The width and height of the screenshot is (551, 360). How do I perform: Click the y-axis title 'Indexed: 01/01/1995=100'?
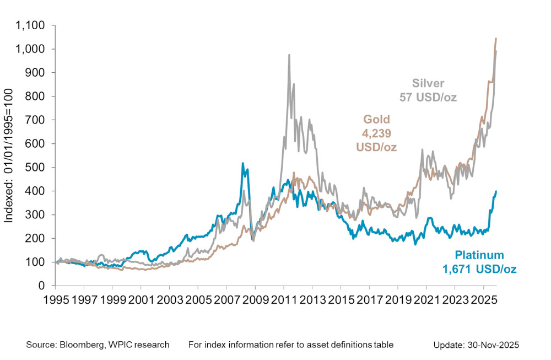(x=9, y=155)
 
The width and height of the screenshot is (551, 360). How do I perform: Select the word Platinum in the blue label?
(x=479, y=255)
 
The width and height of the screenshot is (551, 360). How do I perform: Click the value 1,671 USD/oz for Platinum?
(x=479, y=269)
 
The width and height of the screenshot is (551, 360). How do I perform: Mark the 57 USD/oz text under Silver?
(x=428, y=98)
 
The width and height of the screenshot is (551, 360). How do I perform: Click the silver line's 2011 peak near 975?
(x=289, y=55)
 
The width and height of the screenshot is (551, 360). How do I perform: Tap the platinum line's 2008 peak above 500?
(x=243, y=164)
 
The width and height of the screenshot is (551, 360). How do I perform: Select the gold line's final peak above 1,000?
(x=496, y=39)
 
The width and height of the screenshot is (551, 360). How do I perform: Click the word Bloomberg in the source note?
(x=75, y=345)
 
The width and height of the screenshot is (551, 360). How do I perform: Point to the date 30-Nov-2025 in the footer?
(x=493, y=345)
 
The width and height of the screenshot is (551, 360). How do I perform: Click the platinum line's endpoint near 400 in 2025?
(x=496, y=191)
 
